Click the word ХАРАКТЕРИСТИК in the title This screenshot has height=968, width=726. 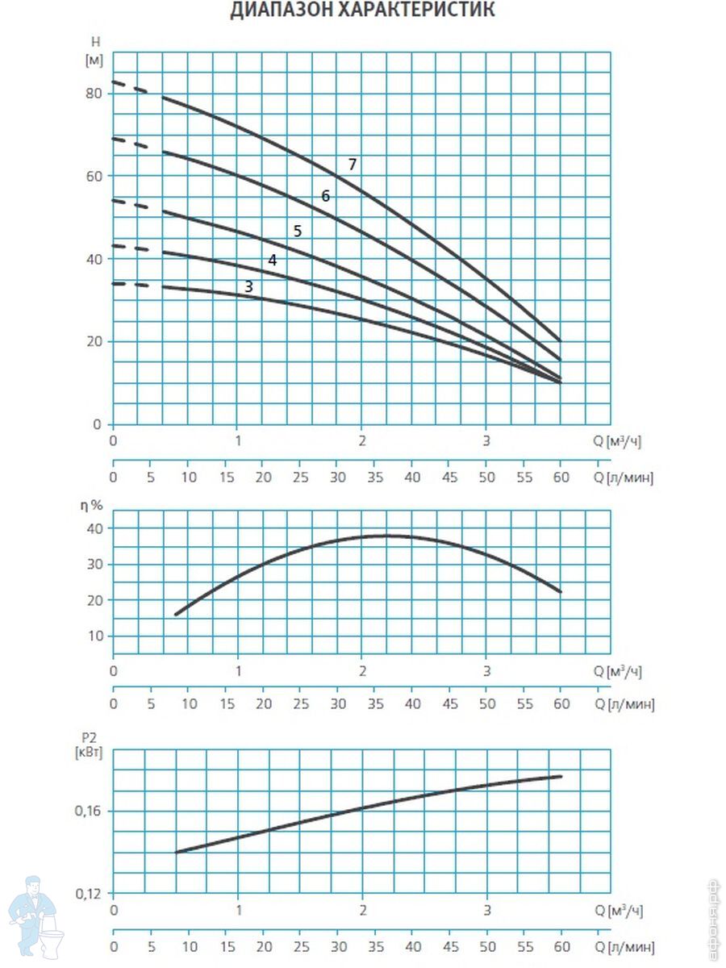click(416, 9)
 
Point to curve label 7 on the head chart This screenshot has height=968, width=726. click(352, 165)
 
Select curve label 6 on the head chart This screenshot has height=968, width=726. click(325, 196)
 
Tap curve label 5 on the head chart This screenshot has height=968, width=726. click(298, 231)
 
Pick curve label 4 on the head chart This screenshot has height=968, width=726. click(273, 261)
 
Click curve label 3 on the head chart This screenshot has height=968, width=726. click(248, 286)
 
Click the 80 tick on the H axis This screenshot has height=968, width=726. click(94, 94)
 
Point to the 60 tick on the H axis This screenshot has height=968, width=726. click(94, 177)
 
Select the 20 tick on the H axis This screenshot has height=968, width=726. click(94, 341)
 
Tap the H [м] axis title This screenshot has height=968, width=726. click(94, 51)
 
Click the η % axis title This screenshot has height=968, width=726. click(91, 506)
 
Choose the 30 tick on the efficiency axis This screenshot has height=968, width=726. click(94, 564)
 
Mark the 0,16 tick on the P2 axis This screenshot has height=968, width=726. click(88, 811)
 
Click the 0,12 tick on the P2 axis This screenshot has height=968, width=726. click(88, 894)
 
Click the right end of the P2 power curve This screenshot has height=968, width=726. click(561, 776)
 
